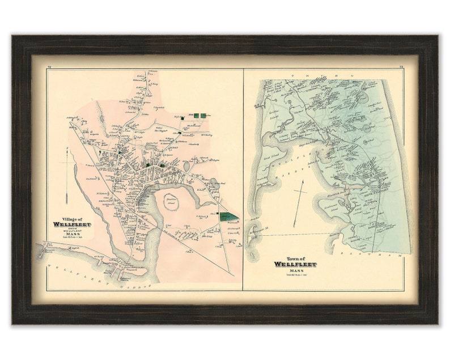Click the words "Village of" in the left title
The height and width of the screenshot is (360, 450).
[75, 218]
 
